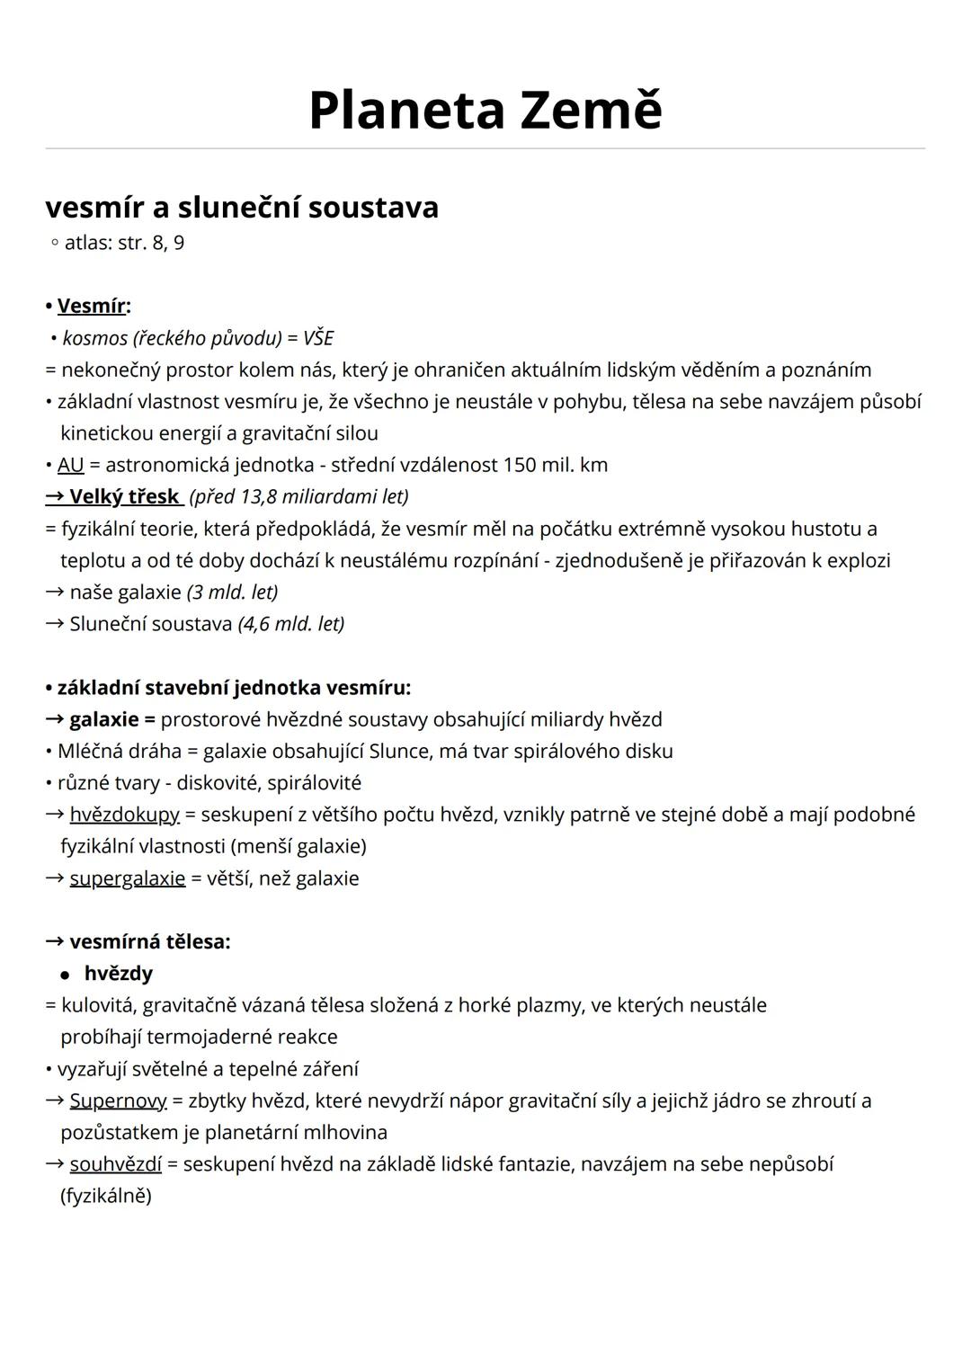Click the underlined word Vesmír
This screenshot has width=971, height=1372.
pyautogui.click(x=91, y=306)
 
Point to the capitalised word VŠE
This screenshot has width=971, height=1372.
pyautogui.click(x=318, y=338)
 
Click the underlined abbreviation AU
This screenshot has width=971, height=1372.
pyautogui.click(x=70, y=465)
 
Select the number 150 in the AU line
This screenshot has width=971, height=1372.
pyautogui.click(x=519, y=465)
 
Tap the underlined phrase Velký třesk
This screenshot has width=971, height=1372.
pyautogui.click(x=124, y=496)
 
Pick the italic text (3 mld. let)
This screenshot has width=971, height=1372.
pyautogui.click(x=232, y=592)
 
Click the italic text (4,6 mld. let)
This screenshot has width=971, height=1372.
pyautogui.click(x=290, y=623)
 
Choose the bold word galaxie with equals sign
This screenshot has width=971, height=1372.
pyautogui.click(x=111, y=719)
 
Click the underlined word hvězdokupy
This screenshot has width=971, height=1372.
pyautogui.click(x=124, y=815)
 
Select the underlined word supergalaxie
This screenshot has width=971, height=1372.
pyautogui.click(x=127, y=878)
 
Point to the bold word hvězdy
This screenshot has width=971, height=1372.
pyautogui.click(x=118, y=973)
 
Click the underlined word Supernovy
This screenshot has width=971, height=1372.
pyautogui.click(x=118, y=1100)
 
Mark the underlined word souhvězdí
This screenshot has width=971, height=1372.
pyautogui.click(x=115, y=1164)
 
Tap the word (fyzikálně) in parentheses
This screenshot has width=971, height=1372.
pyautogui.click(x=106, y=1196)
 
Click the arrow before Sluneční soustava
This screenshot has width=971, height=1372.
pyautogui.click(x=55, y=623)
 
